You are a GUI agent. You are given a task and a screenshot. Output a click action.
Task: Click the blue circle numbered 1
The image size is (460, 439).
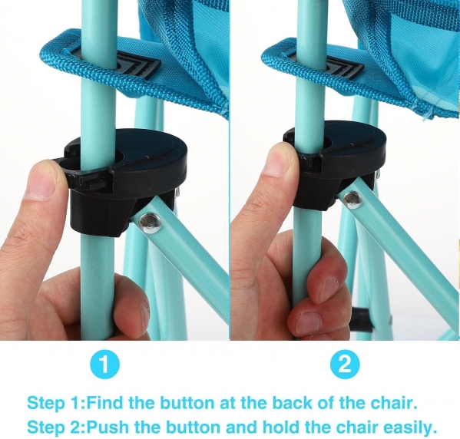[x=104, y=365]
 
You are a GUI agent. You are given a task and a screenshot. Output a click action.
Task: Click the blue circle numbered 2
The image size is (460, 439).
[x=345, y=365]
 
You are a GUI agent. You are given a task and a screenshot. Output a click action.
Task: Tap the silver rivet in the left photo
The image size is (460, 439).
[x=151, y=223]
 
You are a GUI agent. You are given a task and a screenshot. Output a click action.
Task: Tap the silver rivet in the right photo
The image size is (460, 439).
[x=352, y=200]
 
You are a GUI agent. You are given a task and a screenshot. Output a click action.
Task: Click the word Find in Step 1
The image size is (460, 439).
[x=104, y=403]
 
